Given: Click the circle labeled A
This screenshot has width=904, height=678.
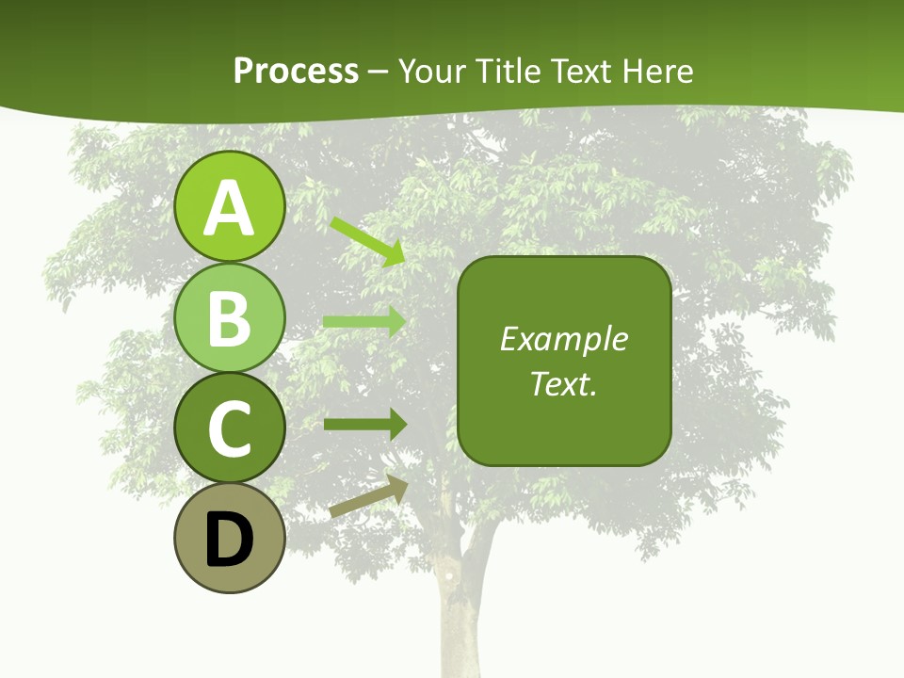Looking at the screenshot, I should click(x=229, y=206).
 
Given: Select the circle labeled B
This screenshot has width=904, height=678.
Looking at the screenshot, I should click(x=229, y=317).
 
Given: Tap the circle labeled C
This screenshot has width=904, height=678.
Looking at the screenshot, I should click(x=229, y=428).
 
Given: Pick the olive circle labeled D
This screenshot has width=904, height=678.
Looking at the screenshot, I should click(x=229, y=538).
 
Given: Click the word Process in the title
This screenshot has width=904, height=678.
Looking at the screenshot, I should click(x=296, y=71).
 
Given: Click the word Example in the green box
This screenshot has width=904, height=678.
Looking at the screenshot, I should click(x=563, y=339).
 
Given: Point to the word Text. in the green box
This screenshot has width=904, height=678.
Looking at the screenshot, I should click(x=563, y=383).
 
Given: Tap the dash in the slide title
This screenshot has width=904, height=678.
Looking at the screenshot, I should click(x=379, y=72).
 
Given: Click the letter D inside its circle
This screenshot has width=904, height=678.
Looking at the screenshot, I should click(x=229, y=540).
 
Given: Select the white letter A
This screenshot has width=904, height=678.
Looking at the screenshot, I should click(x=229, y=207).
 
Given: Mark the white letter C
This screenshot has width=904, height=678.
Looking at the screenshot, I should click(x=229, y=428).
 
